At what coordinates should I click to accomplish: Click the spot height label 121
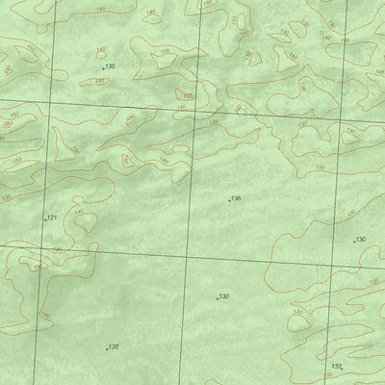52,218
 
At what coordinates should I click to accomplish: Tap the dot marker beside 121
45,219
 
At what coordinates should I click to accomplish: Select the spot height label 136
236,198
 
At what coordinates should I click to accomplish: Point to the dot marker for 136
229,200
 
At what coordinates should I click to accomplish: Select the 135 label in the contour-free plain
114,346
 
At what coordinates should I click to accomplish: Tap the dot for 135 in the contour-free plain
107,348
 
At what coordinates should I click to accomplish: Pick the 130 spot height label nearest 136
223,295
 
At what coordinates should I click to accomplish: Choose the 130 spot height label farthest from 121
361,238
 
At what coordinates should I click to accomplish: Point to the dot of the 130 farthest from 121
354,240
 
